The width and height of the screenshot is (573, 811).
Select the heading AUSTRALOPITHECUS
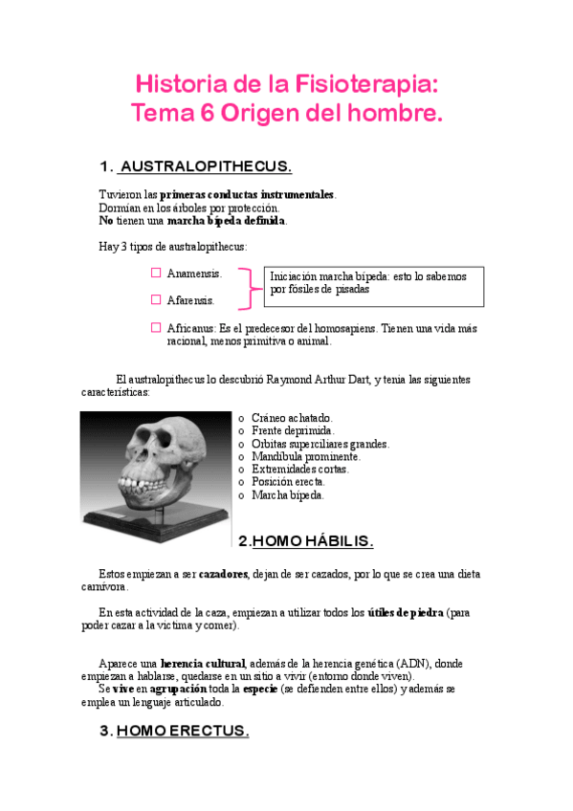pyautogui.click(x=206, y=166)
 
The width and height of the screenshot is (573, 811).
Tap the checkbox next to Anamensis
pyautogui.click(x=156, y=273)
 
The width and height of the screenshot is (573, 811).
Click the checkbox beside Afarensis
pyautogui.click(x=156, y=299)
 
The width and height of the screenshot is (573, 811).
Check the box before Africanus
pyautogui.click(x=156, y=327)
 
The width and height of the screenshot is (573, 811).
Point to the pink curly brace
pyautogui.click(x=252, y=287)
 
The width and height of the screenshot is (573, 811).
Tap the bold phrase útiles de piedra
pyautogui.click(x=405, y=612)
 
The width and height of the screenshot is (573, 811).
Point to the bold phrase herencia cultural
pyautogui.click(x=203, y=663)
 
